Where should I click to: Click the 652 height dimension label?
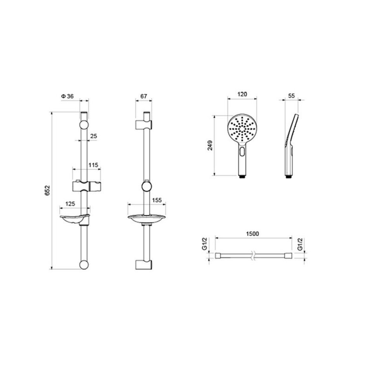[48, 190]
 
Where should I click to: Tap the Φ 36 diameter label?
[67, 96]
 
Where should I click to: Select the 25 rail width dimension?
[94, 136]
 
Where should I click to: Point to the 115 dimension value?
[93, 165]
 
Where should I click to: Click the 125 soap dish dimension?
[70, 204]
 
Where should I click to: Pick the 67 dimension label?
[144, 96]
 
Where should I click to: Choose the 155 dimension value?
[157, 200]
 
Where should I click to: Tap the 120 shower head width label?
[242, 94]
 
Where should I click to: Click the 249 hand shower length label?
[210, 145]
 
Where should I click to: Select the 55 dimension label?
[291, 96]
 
